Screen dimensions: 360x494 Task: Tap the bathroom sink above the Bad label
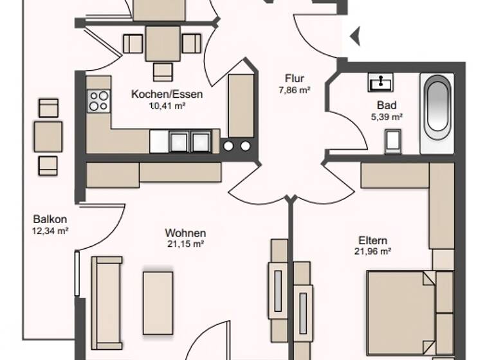(380, 82)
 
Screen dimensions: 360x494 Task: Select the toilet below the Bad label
(392, 141)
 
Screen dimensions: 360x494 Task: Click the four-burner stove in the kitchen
(98, 101)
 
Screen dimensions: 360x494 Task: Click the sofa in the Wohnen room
(106, 302)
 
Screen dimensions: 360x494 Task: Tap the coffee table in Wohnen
(158, 302)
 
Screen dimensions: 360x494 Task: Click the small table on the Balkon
(48, 136)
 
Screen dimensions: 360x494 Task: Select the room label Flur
(295, 80)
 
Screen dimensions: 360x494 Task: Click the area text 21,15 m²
(185, 244)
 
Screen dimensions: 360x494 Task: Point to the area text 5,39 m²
(387, 116)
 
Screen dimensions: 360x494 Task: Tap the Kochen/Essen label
(167, 94)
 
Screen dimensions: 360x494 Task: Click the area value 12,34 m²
(50, 230)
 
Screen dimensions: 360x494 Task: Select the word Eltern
(373, 241)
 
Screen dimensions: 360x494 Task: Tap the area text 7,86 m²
(295, 91)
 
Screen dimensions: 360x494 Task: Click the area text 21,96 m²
(374, 252)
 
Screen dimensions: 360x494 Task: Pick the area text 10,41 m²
(167, 105)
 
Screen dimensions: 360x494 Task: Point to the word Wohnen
(185, 233)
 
